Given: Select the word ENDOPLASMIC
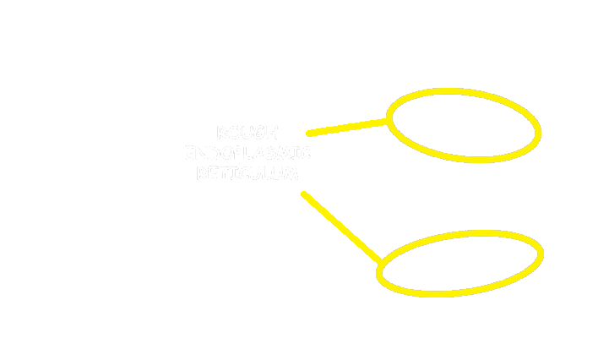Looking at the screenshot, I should pyautogui.click(x=247, y=154).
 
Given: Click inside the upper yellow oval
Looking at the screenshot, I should pyautogui.click(x=464, y=125).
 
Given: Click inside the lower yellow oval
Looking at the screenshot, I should pyautogui.click(x=460, y=263).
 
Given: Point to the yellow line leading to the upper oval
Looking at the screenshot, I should pyautogui.click(x=346, y=128).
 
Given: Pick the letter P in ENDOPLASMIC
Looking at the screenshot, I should pyautogui.click(x=243, y=154).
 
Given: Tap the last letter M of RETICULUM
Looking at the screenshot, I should pyautogui.click(x=291, y=174).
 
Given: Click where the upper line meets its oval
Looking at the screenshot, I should pyautogui.click(x=389, y=121).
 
